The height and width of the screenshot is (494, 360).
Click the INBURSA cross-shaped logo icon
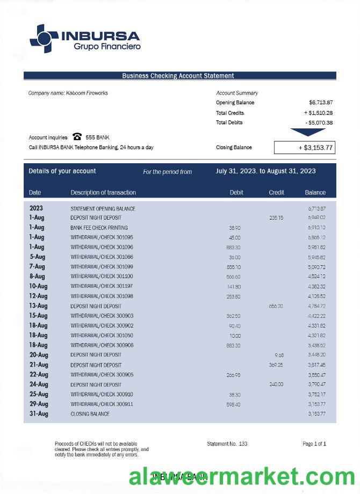pyautogui.click(x=44, y=38)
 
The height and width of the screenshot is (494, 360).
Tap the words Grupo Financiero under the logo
pyautogui.click(x=107, y=47)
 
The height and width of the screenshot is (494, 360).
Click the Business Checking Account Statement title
pyautogui.click(x=178, y=76)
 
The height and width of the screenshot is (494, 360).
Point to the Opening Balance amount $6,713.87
pyautogui.click(x=321, y=103)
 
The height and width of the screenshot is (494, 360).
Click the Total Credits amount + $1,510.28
pyautogui.click(x=318, y=113)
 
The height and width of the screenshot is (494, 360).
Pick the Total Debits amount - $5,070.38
pyautogui.click(x=319, y=122)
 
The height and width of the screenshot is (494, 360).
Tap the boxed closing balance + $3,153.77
pyautogui.click(x=305, y=148)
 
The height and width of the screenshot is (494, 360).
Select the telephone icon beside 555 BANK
pyautogui.click(x=77, y=137)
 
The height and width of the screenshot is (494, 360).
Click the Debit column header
pyautogui.click(x=236, y=192)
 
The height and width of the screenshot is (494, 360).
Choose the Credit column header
pyautogui.click(x=276, y=192)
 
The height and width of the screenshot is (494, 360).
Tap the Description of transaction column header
pyautogui.click(x=103, y=192)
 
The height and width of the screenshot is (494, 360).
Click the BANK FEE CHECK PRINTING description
pyautogui.click(x=99, y=228)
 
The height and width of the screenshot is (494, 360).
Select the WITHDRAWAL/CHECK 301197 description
pyautogui.click(x=102, y=286)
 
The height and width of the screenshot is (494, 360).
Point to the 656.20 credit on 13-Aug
pyautogui.click(x=276, y=306)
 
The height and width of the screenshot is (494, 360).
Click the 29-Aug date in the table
pyautogui.click(x=39, y=404)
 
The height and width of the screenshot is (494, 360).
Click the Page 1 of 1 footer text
pyautogui.click(x=314, y=444)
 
